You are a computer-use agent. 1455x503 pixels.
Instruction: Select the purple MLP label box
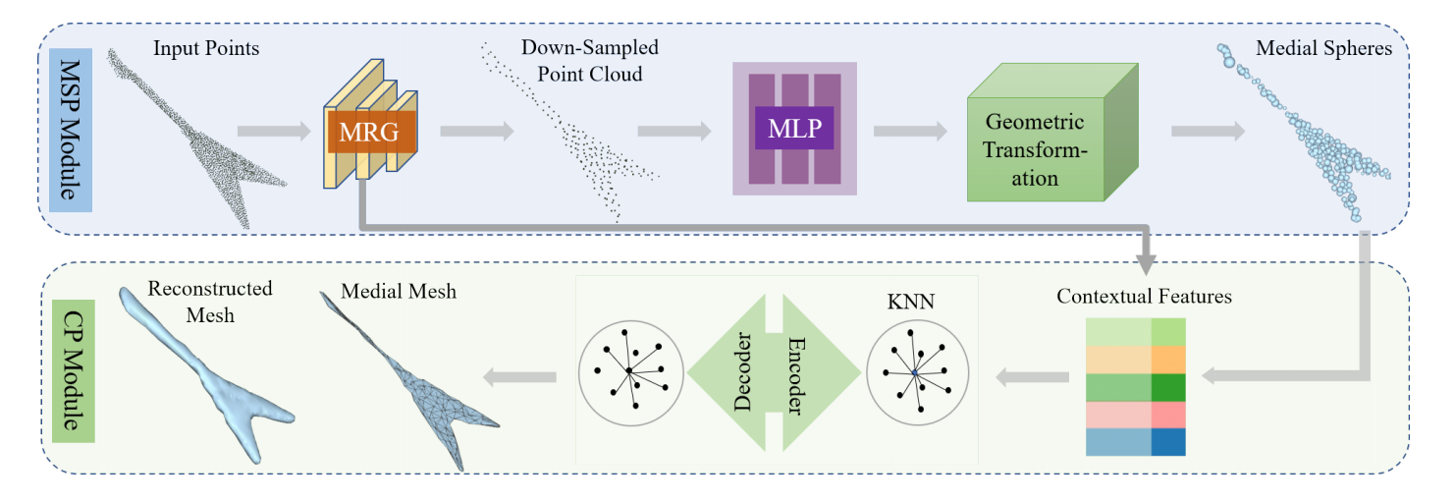pos(794,129)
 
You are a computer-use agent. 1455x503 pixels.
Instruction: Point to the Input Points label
pos(206,47)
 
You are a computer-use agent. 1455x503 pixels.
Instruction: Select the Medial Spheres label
pos(1324,48)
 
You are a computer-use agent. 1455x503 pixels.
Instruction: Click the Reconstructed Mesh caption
pos(209,302)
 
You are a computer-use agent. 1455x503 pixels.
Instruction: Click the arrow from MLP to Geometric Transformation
pos(909,131)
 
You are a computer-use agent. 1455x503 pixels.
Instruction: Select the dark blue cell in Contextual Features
pos(1168,442)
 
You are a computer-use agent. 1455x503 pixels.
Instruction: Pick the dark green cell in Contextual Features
pos(1168,387)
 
